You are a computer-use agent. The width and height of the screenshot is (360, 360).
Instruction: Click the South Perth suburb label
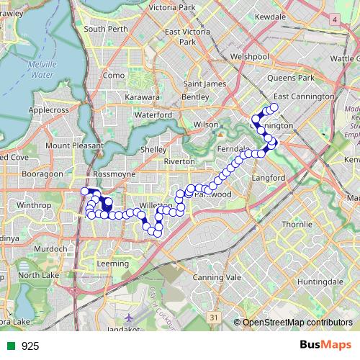[106, 29]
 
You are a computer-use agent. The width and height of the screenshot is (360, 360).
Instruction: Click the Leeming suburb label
[112, 264]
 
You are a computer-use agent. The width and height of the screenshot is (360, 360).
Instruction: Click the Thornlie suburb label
[297, 225]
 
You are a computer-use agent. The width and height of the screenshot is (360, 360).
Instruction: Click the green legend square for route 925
[9, 346]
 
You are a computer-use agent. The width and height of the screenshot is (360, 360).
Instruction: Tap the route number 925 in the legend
[30, 346]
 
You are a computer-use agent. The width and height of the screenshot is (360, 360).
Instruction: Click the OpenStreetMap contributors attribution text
[297, 323]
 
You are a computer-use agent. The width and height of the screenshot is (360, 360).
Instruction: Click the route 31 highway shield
[213, 316]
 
